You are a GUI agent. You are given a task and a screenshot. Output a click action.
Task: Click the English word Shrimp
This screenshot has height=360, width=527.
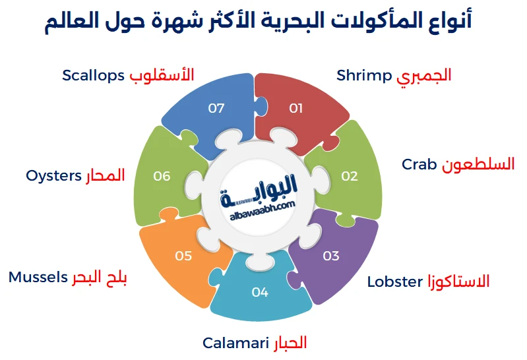pyautogui.click(x=364, y=75)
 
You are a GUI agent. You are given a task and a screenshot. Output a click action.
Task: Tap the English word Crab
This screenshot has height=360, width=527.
pyautogui.click(x=419, y=164)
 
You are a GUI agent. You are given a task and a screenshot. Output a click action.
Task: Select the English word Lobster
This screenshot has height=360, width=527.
pyautogui.click(x=394, y=282)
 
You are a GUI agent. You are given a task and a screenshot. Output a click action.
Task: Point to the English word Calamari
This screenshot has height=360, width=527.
pyautogui.click(x=235, y=343)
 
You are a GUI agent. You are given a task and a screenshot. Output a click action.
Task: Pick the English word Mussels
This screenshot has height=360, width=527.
pyautogui.click(x=38, y=277)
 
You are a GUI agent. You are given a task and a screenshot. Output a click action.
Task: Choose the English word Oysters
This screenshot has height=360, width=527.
pyautogui.click(x=54, y=176)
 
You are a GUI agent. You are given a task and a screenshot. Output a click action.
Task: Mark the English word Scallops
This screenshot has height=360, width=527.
pyautogui.click(x=93, y=75)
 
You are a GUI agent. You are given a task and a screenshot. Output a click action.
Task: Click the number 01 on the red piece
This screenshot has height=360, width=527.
pyautogui.click(x=295, y=108)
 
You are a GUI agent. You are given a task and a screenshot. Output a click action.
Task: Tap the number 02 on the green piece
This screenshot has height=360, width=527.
pyautogui.click(x=349, y=176)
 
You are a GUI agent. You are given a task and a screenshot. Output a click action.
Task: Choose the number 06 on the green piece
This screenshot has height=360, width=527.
pyautogui.click(x=162, y=176)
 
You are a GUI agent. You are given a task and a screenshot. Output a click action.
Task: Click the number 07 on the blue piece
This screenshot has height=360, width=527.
pyautogui.click(x=216, y=108)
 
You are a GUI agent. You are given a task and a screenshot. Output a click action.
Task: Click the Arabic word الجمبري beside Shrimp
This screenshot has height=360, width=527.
pyautogui.click(x=424, y=75)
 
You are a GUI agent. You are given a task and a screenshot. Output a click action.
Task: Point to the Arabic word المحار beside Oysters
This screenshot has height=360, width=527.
pyautogui.click(x=105, y=176)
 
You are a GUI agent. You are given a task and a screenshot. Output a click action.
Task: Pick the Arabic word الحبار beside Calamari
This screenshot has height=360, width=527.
pyautogui.click(x=290, y=343)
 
